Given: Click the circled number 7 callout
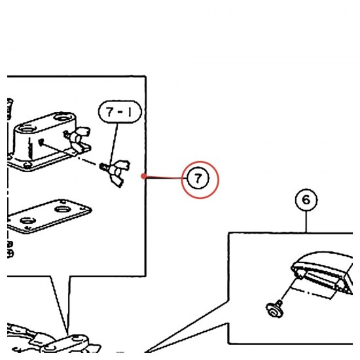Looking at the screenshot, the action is pos(198,178).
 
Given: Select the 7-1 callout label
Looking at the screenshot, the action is pos(120,112).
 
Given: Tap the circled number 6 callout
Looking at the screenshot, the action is pos(306,200).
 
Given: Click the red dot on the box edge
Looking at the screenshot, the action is pos(144,176).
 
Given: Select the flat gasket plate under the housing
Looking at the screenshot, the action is pos(49,217).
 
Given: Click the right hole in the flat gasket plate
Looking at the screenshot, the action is pos(62,209).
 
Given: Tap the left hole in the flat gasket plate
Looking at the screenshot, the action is pos(27,221).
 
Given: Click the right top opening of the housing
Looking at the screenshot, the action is pos(62,118).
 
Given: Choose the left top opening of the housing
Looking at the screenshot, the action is pos(27,128).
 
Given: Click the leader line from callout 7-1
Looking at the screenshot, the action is pos(114,144).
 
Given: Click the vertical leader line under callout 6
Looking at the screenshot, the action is pos(306,221).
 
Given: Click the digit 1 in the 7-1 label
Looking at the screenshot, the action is pos(130,113).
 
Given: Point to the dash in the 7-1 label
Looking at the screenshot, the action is pos(120,113).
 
